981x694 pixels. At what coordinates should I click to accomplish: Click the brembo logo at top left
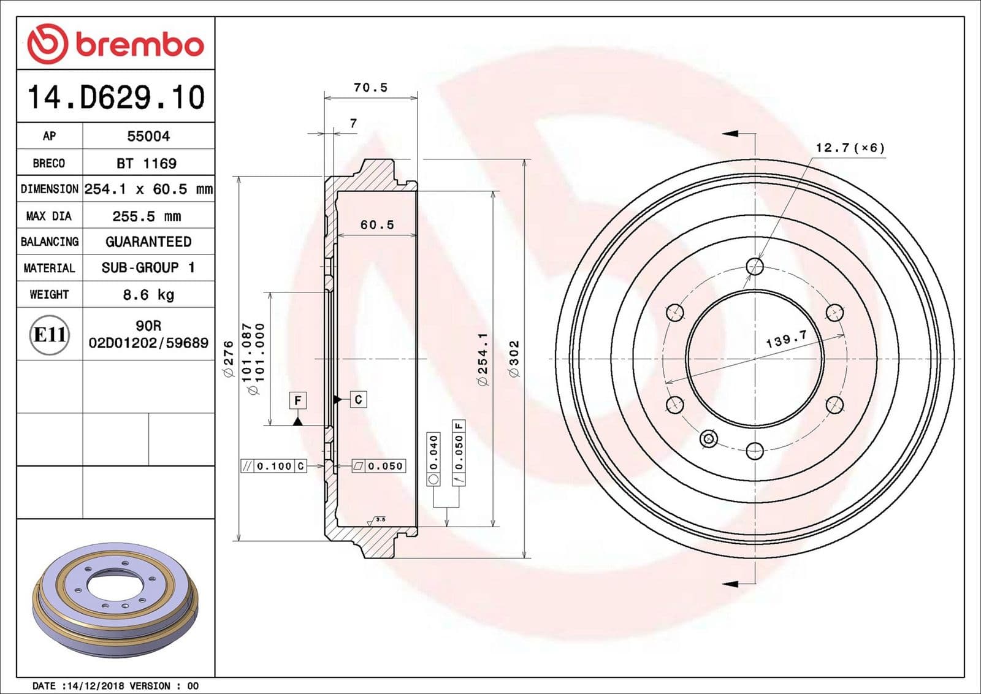pyautogui.click(x=115, y=44)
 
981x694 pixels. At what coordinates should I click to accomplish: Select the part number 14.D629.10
pyautogui.click(x=115, y=97)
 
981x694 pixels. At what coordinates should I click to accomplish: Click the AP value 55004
pyautogui.click(x=148, y=136)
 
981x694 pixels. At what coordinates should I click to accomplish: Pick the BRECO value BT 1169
pyautogui.click(x=147, y=163)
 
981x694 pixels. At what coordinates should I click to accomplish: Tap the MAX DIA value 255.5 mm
pyautogui.click(x=147, y=216)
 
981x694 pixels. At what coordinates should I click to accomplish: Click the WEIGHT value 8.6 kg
pyautogui.click(x=148, y=294)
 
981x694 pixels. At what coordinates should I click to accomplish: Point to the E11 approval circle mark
pyautogui.click(x=50, y=335)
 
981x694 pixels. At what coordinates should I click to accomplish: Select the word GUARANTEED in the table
pyautogui.click(x=148, y=242)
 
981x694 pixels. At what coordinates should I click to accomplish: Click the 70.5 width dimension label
pyautogui.click(x=370, y=88)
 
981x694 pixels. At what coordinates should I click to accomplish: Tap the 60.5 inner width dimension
pyautogui.click(x=377, y=225)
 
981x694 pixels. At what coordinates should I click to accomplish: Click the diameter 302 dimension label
pyautogui.click(x=514, y=359)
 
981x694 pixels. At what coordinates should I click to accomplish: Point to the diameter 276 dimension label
pyautogui.click(x=229, y=359)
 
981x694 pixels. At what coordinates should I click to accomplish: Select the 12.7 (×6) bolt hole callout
pyautogui.click(x=850, y=148)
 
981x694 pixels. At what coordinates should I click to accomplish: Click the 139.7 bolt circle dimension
pyautogui.click(x=787, y=340)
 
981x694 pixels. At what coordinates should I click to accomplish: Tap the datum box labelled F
pyautogui.click(x=297, y=400)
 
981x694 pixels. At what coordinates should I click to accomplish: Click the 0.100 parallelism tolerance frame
pyautogui.click(x=273, y=466)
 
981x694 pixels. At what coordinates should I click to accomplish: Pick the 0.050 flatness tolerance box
pyautogui.click(x=379, y=466)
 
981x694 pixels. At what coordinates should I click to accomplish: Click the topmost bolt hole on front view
pyautogui.click(x=755, y=266)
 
